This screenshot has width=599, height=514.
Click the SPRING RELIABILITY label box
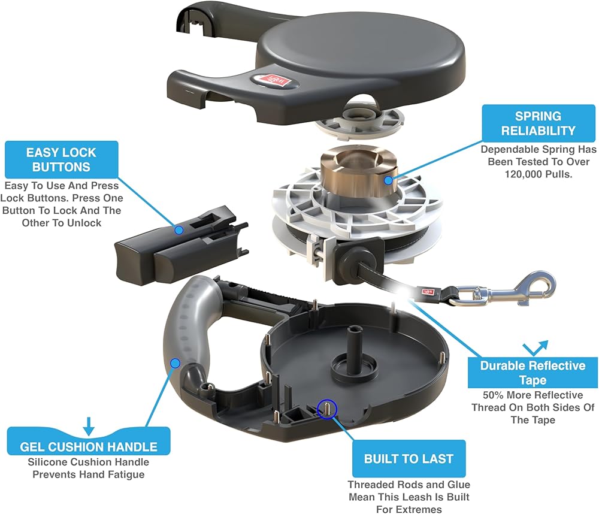[x=537, y=123]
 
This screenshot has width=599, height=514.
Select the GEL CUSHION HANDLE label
[x=89, y=447]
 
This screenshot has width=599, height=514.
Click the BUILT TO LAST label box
[x=409, y=459]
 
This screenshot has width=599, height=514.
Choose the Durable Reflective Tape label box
[x=533, y=373]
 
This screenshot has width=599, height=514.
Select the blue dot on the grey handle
[x=176, y=362]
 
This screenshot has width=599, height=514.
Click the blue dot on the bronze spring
[x=388, y=180]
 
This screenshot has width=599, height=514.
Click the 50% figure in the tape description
[x=494, y=395]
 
